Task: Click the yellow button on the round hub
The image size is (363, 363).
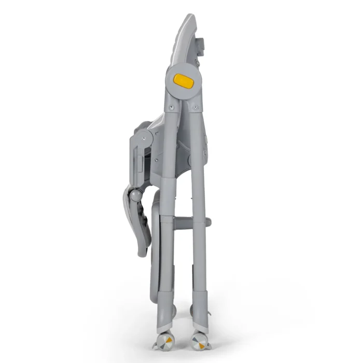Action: click(x=183, y=80)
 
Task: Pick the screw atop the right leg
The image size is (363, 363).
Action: click(x=196, y=107)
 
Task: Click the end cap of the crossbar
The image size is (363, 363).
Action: click(x=208, y=222)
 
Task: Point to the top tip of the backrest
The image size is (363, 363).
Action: click(x=192, y=18)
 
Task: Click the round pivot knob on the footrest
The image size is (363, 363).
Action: click(x=135, y=196)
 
